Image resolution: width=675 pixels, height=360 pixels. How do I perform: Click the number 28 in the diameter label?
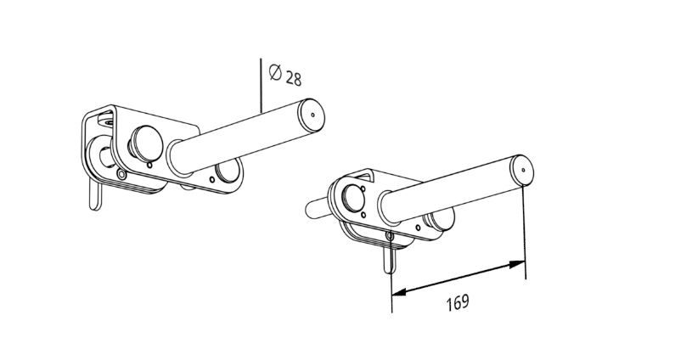coord(294,79)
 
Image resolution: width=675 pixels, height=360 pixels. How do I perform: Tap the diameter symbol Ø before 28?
coord(275,72)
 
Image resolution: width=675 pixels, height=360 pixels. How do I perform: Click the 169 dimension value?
coord(457,303)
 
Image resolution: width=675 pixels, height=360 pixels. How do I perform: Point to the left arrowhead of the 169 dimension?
coord(399,292)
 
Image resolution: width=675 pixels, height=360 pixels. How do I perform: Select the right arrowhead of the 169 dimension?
coord(517,264)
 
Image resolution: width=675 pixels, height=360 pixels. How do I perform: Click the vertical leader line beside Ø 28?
coord(261,86)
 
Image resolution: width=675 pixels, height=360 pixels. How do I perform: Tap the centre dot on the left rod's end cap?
coord(312,115)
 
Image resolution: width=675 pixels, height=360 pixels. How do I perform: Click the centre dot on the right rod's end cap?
coord(523,170)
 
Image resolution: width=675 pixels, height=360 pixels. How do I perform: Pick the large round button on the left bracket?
coord(146,143)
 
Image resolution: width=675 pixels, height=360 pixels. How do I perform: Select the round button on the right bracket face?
coord(353,199)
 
